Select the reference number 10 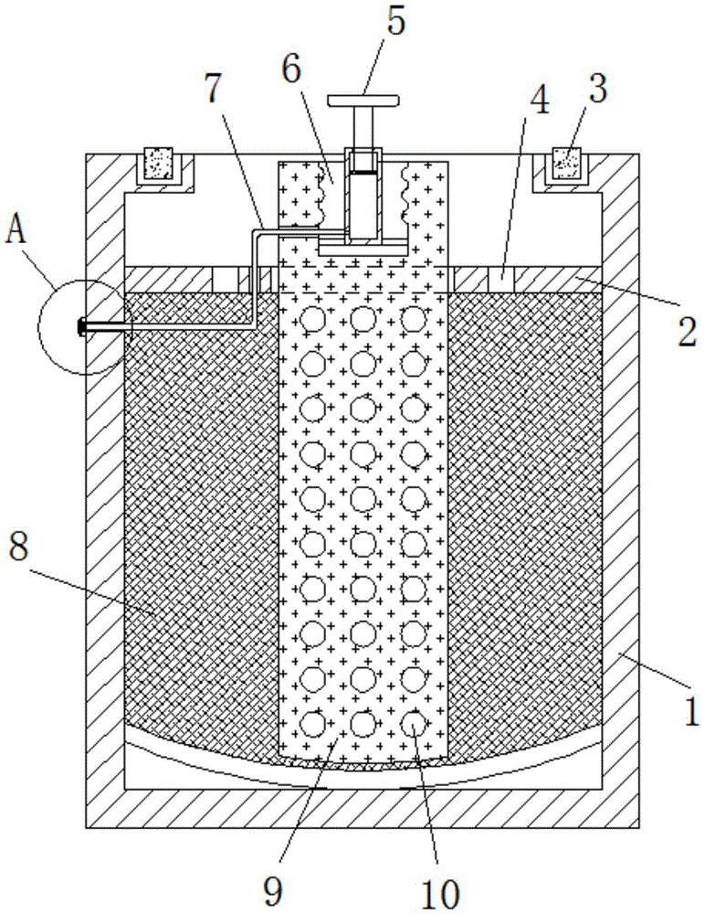coord(438,886)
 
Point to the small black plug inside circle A coord(83,327)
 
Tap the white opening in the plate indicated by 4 coord(499,275)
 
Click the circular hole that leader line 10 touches coord(416,726)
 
